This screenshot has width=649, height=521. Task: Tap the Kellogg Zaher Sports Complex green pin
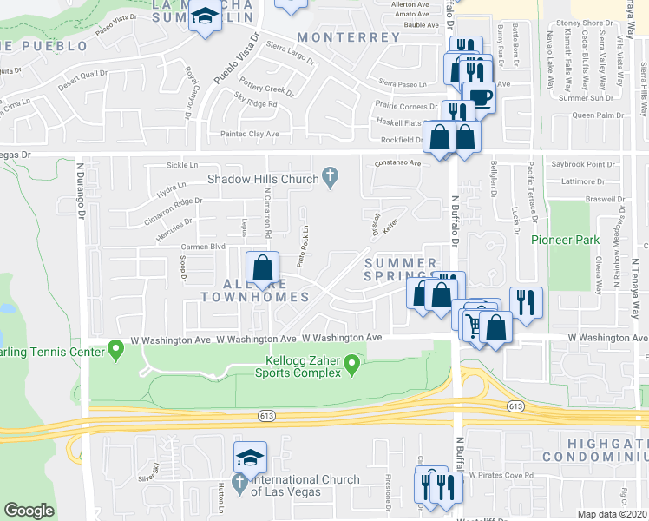[351, 363]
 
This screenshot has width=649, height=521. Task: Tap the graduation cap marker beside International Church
[250, 456]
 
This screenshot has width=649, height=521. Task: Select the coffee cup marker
[479, 96]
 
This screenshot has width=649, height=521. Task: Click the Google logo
[29, 511]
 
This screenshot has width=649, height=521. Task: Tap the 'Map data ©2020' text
[613, 514]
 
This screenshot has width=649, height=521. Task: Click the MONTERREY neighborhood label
[348, 37]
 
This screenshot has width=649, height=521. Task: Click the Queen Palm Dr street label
[598, 115]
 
